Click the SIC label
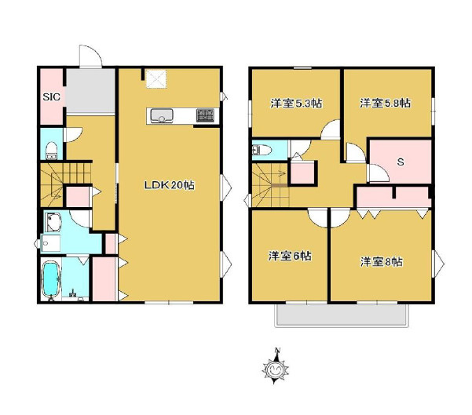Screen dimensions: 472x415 pyautogui.click(x=52, y=96)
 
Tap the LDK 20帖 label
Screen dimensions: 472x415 pyautogui.click(x=170, y=185)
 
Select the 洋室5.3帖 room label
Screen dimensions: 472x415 pyautogui.click(x=296, y=104)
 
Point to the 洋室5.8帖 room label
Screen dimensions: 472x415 pyautogui.click(x=386, y=103)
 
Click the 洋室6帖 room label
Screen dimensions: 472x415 pyautogui.click(x=290, y=257)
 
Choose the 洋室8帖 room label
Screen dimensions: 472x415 pyautogui.click(x=382, y=262)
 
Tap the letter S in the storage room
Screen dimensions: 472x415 pyautogui.click(x=401, y=162)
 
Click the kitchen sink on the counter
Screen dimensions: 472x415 pyautogui.click(x=162, y=116)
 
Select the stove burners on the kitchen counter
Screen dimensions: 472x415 pyautogui.click(x=205, y=115)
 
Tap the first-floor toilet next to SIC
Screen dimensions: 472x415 pyautogui.click(x=52, y=150)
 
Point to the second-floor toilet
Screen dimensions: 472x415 pyautogui.click(x=262, y=150)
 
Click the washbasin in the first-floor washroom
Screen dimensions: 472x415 pyautogui.click(x=53, y=223)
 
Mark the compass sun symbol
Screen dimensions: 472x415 pyautogui.click(x=275, y=369)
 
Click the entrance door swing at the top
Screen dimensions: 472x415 pyautogui.click(x=90, y=56)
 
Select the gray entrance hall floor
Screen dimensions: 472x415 pyautogui.click(x=90, y=91)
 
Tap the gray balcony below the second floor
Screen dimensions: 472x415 pyautogui.click(x=342, y=315)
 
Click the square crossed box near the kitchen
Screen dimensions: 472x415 pyautogui.click(x=156, y=78)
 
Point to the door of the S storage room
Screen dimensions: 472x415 pyautogui.click(x=378, y=173)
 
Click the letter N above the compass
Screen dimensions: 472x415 pyautogui.click(x=277, y=350)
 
